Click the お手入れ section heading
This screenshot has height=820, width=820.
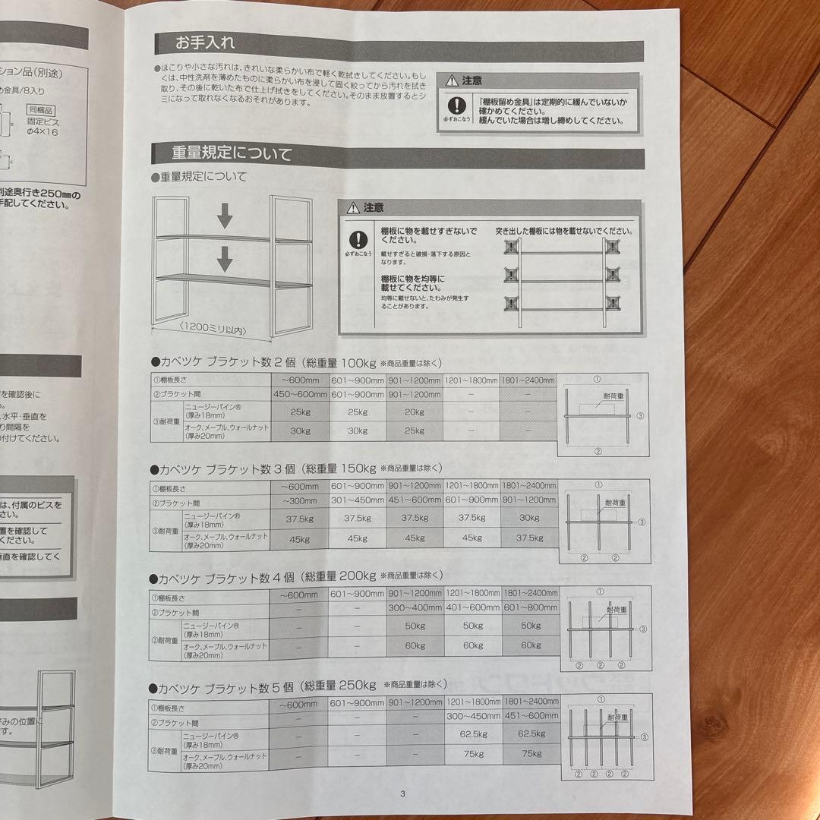[203, 43]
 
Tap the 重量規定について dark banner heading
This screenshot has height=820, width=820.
[232, 155]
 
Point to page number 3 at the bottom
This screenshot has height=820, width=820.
[403, 794]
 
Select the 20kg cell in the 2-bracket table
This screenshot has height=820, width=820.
[415, 412]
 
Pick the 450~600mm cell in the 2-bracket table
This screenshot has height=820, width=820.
[300, 394]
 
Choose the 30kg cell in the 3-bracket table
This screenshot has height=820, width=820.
[529, 519]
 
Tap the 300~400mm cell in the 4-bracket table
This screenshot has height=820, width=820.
[415, 608]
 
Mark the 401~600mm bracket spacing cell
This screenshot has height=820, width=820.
[472, 608]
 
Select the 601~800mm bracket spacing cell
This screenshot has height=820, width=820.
[530, 608]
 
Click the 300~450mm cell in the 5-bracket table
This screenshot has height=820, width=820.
[472, 716]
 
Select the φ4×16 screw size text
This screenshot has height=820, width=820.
[44, 132]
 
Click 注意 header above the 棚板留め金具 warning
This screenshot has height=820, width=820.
[471, 80]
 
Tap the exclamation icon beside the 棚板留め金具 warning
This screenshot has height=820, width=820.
[455, 106]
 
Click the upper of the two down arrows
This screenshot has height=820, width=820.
[225, 219]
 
